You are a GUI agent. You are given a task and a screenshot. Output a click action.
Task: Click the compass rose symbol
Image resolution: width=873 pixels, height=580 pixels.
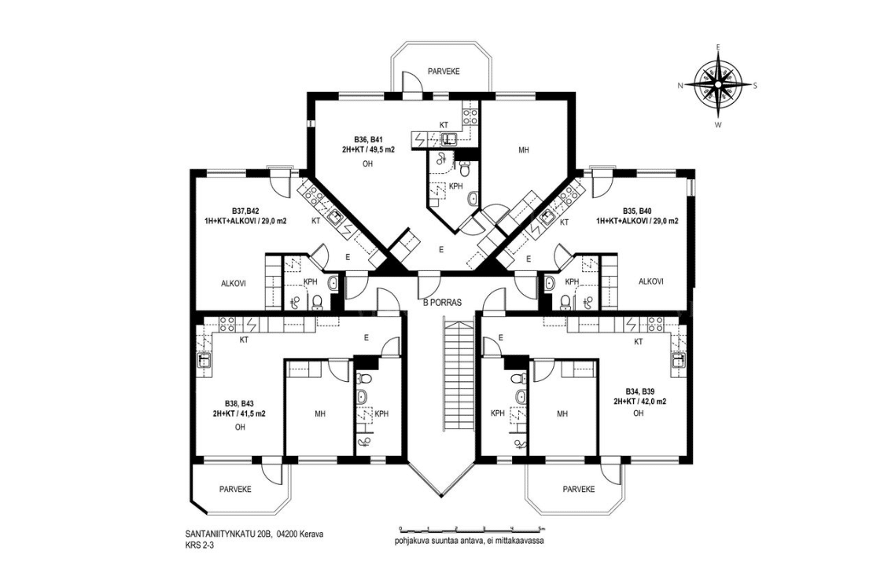(x=717, y=85)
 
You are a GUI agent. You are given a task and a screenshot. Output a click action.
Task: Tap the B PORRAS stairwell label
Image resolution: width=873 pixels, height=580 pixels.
(x=443, y=303)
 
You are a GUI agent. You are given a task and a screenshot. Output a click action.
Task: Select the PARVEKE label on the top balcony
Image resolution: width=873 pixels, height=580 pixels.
(x=443, y=72)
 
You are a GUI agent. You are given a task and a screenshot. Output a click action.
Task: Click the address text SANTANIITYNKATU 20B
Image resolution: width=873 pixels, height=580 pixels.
(x=228, y=534)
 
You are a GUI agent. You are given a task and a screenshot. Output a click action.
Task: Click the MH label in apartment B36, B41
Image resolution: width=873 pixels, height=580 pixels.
(x=523, y=150)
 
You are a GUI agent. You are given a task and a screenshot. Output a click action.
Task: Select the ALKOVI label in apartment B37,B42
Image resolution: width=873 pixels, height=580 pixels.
(x=234, y=283)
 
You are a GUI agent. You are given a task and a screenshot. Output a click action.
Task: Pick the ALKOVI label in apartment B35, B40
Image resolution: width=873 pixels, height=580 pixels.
(x=651, y=281)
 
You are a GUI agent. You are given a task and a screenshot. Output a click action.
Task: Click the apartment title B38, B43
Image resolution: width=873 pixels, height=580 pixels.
(x=239, y=403)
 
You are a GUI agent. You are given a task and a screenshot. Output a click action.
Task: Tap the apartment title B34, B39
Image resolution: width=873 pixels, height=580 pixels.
(x=638, y=391)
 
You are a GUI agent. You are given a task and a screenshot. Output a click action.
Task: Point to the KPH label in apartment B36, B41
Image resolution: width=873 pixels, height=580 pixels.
(x=456, y=186)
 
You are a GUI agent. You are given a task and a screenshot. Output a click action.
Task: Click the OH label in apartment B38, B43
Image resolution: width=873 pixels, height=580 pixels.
(x=240, y=427)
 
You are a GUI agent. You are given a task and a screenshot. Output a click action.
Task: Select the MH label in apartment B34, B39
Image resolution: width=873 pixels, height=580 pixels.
(x=562, y=413)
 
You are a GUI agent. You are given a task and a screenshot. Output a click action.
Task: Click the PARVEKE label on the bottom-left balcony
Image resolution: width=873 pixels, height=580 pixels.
(x=235, y=490)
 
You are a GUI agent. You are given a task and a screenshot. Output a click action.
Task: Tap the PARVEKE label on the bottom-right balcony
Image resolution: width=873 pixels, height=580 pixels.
(x=579, y=490)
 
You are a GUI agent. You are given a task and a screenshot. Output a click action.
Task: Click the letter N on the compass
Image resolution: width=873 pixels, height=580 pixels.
(x=680, y=86)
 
